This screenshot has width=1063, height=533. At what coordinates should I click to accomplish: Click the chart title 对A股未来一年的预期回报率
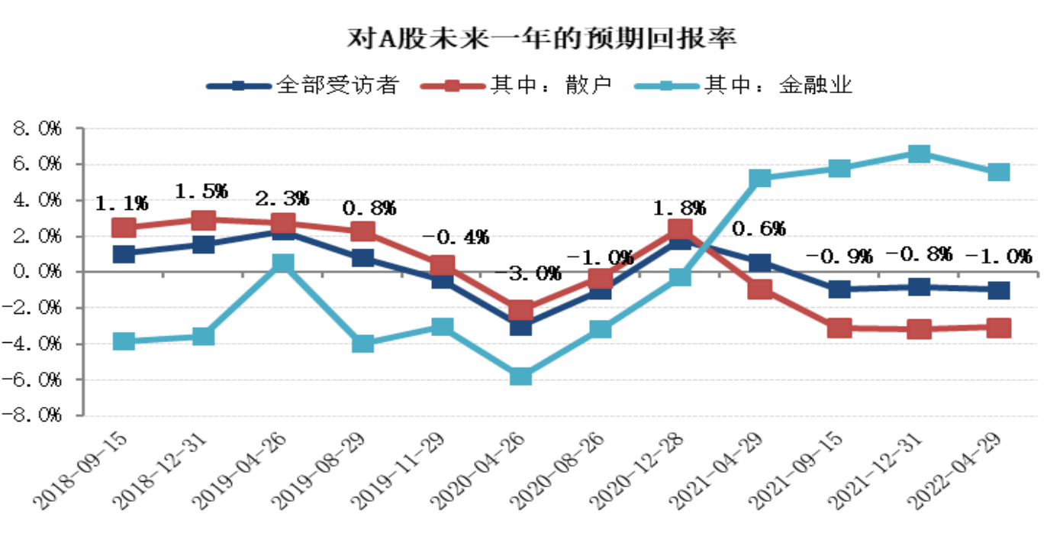531,36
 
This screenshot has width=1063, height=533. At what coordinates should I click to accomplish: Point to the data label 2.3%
283,199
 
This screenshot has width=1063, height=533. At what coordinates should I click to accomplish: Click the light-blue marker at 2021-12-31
920,153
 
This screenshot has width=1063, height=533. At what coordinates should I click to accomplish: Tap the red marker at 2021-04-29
760,289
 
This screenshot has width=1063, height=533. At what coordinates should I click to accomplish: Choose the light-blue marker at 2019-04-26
283,263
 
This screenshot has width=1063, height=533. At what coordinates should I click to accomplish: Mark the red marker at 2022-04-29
999,328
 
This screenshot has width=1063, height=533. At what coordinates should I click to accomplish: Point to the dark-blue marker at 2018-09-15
124,254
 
